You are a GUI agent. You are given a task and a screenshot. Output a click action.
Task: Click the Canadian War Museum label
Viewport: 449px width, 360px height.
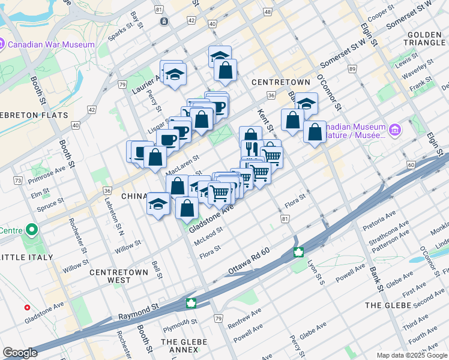click(53, 44)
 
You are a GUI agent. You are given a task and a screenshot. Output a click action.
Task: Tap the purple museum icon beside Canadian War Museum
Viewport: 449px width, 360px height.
click(3, 44)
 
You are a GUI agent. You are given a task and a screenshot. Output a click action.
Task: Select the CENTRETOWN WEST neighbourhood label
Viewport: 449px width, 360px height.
click(118, 276)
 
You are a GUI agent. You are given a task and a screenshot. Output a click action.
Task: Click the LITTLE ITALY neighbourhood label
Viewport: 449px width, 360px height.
click(26, 257)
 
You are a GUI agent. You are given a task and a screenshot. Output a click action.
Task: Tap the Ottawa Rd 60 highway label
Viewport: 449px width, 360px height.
click(252, 263)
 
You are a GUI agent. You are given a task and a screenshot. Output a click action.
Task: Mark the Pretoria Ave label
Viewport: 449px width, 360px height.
click(379, 220)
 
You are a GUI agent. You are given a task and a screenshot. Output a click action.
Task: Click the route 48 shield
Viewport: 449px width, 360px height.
click(267, 12)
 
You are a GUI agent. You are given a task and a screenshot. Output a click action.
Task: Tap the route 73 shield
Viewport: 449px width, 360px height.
click(19, 180)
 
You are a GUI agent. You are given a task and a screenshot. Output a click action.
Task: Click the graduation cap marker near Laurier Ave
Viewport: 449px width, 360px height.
click(175, 74)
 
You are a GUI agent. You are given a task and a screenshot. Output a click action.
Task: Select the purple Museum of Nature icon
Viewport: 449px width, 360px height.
click(394, 130)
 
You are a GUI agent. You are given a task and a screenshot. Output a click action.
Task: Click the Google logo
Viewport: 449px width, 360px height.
click(20, 353)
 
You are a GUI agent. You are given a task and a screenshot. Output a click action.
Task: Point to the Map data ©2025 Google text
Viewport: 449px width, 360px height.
click(412, 355)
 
